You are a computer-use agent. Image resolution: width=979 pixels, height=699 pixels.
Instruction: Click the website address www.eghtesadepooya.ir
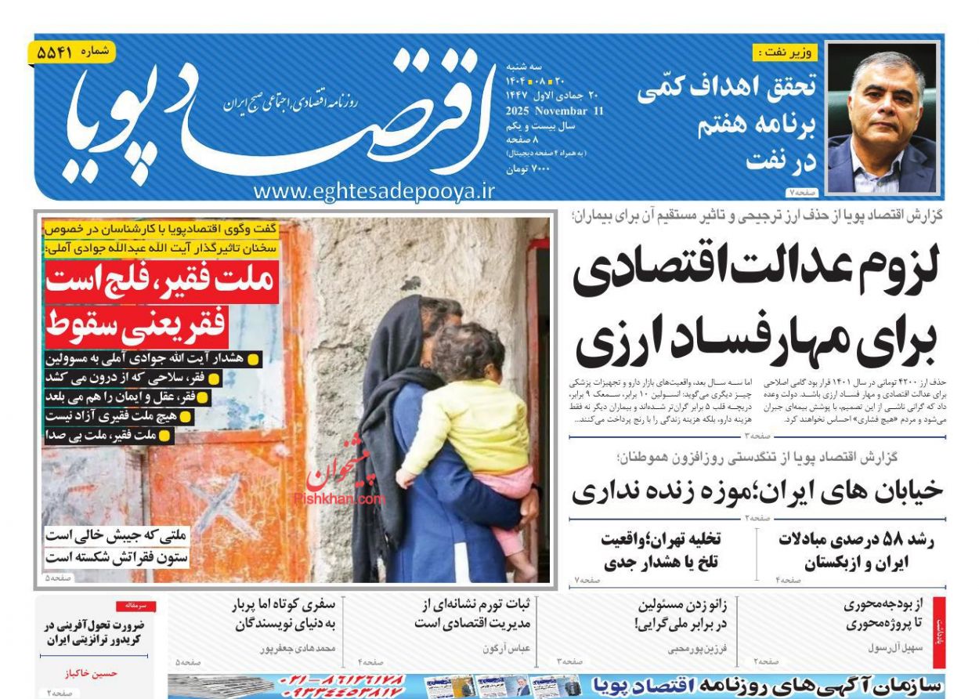coord(374,191)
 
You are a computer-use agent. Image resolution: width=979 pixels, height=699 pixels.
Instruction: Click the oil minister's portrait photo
coord(881,118)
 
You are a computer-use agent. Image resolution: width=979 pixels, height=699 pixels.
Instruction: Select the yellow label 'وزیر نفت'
coord(786,53)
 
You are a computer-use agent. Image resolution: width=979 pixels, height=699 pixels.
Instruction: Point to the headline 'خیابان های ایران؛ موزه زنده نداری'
coord(757,491)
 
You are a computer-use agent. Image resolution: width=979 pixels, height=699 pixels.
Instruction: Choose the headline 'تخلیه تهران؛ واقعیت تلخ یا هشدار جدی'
coord(662,551)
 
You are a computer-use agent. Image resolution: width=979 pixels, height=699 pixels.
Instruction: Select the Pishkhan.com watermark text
coord(339,498)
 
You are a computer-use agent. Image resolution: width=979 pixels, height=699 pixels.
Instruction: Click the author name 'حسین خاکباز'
coord(91,672)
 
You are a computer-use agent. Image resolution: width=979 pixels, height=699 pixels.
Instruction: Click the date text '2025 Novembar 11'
coord(555,111)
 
